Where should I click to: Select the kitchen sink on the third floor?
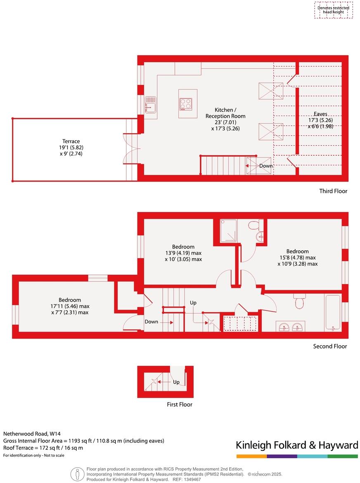point(150,104)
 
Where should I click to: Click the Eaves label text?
point(320,114)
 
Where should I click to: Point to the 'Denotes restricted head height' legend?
point(333,10)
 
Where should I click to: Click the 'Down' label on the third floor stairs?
point(265,166)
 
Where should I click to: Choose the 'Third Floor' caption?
point(333,191)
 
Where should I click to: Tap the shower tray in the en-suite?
point(229,231)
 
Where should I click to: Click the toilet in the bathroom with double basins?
point(299,302)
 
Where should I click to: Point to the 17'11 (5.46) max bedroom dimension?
point(69,306)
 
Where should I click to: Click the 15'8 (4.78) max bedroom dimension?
point(297,258)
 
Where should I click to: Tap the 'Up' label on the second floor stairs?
point(193,303)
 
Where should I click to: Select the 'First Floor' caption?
point(179,404)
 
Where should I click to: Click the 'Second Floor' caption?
point(330,346)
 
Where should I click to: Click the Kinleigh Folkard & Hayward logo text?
point(296,445)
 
